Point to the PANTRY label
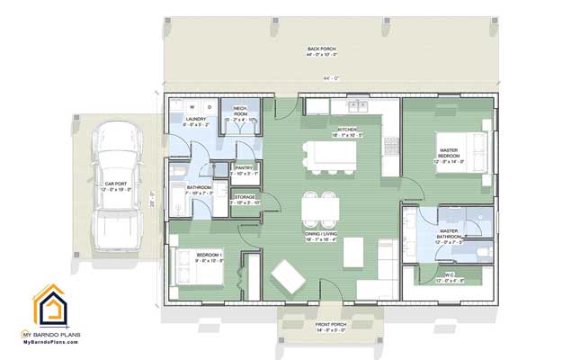pyautogui.click(x=245, y=168)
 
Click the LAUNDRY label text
pyautogui.click(x=197, y=120)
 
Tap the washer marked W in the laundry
pyautogui.click(x=192, y=106)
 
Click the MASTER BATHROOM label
pyautogui.click(x=450, y=236)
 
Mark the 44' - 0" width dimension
pyautogui.click(x=329, y=77)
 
